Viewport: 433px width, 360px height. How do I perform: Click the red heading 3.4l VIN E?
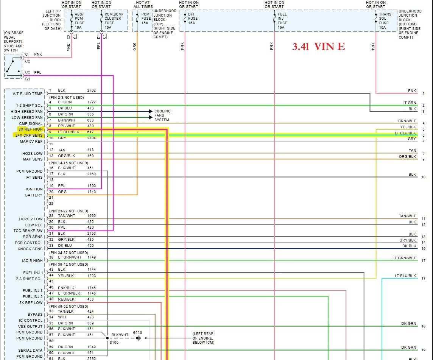click(318, 47)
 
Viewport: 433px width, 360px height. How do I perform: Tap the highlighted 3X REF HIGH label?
click(30, 129)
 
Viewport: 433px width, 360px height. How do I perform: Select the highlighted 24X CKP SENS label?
click(29, 135)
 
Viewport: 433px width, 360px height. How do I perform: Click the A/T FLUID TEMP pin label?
click(28, 94)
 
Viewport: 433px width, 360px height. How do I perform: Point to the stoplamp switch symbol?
click(13, 67)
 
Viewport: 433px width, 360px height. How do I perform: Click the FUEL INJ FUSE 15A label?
click(282, 21)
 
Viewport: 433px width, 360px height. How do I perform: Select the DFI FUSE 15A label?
click(193, 19)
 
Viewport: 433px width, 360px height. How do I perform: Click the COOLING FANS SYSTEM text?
click(162, 115)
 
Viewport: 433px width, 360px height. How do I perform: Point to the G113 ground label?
click(137, 332)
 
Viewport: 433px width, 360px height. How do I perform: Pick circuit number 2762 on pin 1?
click(91, 90)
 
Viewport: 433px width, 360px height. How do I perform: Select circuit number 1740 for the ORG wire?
click(91, 192)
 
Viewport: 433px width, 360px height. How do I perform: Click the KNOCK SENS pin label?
click(30, 249)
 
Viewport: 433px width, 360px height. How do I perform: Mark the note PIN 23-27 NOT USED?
click(69, 211)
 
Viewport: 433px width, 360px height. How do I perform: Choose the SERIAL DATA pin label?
click(30, 351)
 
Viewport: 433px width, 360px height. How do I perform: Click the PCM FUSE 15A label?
click(146, 19)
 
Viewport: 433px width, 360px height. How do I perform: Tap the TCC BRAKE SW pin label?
click(28, 231)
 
